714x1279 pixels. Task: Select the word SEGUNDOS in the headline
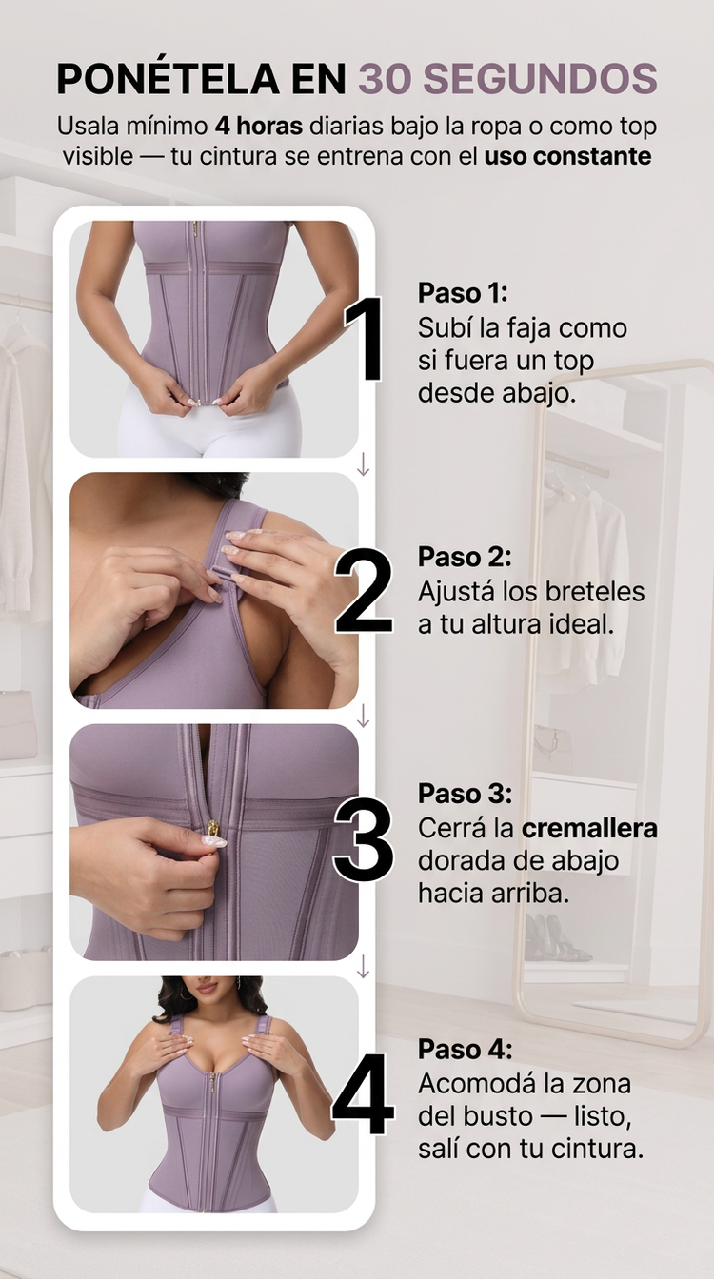click(541, 78)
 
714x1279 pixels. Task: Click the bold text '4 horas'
click(259, 127)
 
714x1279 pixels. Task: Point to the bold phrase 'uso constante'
click(567, 156)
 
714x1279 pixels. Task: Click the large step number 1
click(365, 338)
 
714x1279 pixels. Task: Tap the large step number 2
click(364, 590)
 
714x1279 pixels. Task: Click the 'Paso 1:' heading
click(463, 293)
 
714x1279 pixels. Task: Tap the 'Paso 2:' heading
click(465, 557)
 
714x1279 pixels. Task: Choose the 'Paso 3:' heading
click(465, 794)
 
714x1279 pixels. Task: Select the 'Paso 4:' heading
click(465, 1049)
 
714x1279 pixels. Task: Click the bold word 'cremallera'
click(589, 829)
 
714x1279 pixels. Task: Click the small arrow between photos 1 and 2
click(363, 465)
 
